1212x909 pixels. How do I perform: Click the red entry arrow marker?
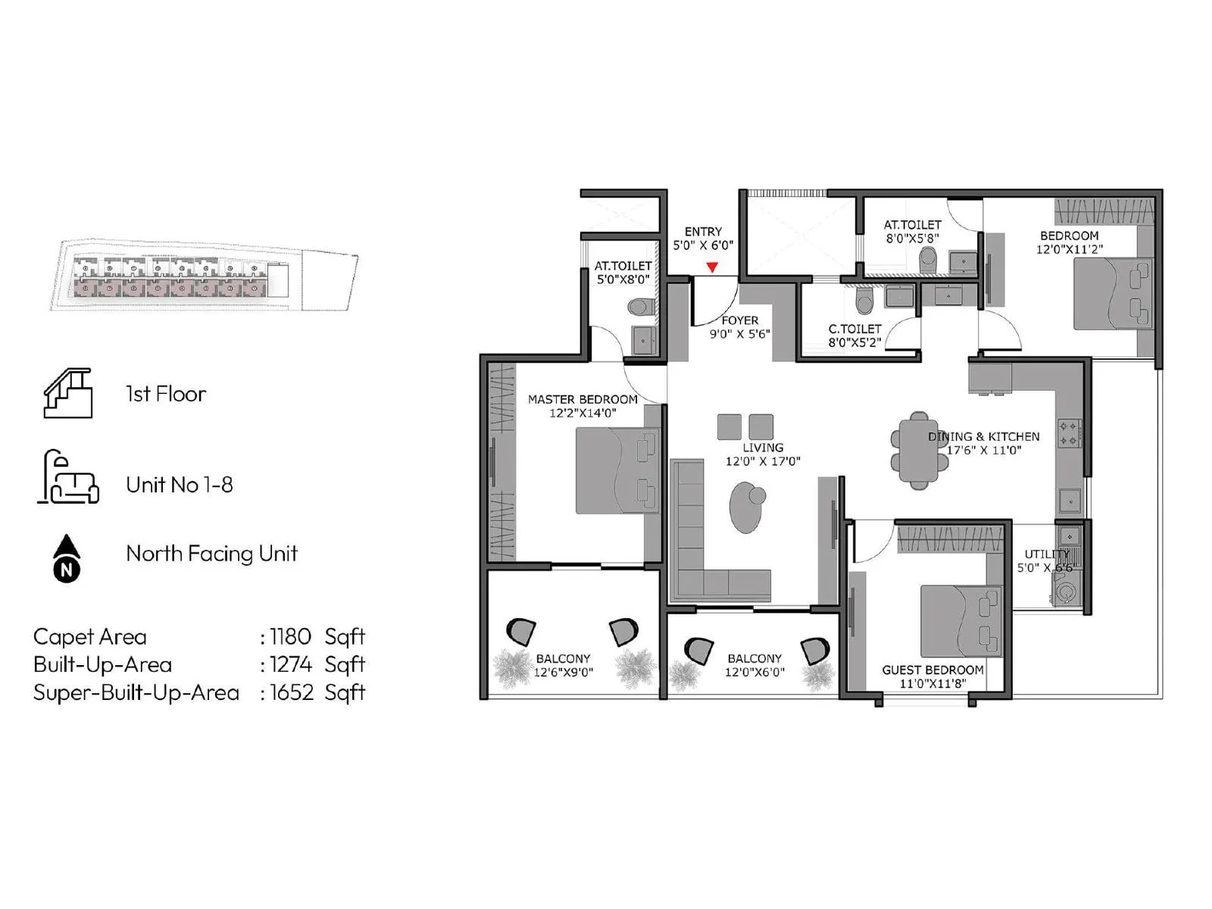712,267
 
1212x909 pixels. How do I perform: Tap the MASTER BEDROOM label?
583,399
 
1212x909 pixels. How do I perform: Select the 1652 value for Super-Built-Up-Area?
291,692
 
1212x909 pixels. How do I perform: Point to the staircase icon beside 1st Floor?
68,394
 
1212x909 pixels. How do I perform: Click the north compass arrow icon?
67,558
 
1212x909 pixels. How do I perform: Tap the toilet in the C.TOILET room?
863,302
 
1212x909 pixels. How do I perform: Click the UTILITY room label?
1045,554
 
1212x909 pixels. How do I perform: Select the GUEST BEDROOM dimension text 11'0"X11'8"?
932,683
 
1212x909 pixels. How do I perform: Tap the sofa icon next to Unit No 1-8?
69,479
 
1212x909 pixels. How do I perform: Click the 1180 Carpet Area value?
290,636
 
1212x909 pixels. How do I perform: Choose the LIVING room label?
763,448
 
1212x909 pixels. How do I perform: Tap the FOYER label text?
739,320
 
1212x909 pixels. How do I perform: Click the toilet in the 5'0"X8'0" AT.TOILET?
641,308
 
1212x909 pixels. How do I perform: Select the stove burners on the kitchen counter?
1069,433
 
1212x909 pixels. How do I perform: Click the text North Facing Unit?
211,553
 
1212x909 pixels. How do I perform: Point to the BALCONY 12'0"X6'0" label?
754,665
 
